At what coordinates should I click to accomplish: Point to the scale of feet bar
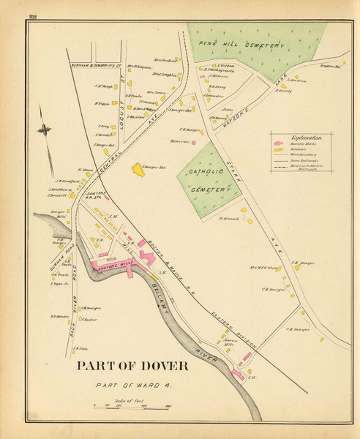click(132, 405)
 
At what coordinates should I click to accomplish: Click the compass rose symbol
click(45, 130)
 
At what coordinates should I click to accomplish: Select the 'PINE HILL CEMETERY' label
click(245, 46)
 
